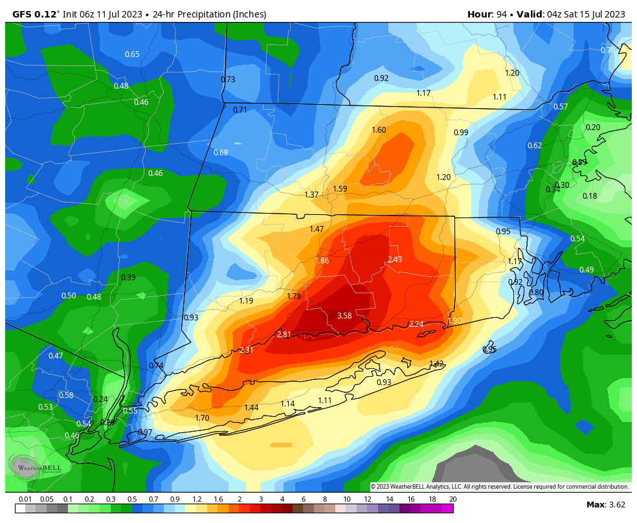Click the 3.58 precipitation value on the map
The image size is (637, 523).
pos(344,316)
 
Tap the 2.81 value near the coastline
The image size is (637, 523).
pos(284,335)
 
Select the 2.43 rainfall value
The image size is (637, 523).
pos(395,260)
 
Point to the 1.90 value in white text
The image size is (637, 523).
pos(455,321)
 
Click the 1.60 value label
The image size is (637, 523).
pos(379,130)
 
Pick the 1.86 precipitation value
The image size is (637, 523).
pos(322,261)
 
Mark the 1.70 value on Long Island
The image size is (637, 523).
pos(202,418)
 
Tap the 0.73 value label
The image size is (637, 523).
pos(228,80)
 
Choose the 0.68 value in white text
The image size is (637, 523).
pos(221,153)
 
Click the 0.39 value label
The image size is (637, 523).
pos(128,278)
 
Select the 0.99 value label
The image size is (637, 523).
pos(461,133)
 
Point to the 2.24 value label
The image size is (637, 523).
pos(416,324)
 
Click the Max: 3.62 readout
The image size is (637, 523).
pos(605,505)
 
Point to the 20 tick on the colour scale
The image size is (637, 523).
pos(453,499)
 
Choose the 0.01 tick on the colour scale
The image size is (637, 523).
pos(25,499)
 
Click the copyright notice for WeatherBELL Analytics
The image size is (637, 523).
pos(499,487)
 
